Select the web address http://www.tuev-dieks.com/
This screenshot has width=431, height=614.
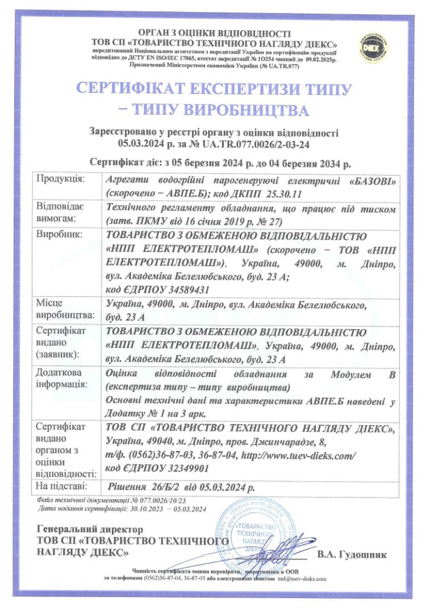299,455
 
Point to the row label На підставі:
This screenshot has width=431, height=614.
61,486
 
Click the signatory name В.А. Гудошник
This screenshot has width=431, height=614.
352,553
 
